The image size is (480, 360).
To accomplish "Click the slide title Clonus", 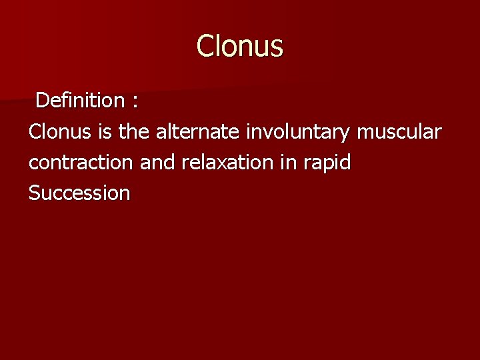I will [x=240, y=47].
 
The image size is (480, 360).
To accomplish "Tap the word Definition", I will [x=79, y=101].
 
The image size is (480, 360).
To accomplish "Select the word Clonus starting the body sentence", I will [x=61, y=132].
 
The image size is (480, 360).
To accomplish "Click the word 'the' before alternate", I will [x=134, y=132].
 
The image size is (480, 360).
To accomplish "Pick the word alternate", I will [x=198, y=132].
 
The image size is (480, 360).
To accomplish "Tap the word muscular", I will [x=399, y=132].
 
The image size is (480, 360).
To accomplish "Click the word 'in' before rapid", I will [x=288, y=163].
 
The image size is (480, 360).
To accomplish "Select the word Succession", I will [x=79, y=193].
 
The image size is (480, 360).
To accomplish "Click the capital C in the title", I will [x=205, y=47].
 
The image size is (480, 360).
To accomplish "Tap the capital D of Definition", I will [x=41, y=101].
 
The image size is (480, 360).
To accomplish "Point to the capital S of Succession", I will [x=34, y=193].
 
